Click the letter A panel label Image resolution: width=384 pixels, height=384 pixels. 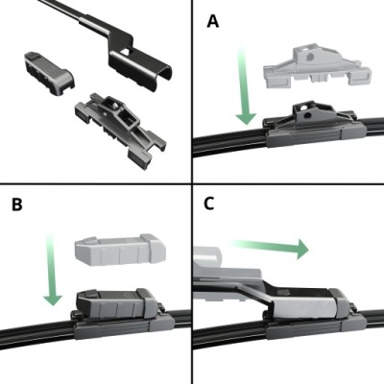[x=213, y=21]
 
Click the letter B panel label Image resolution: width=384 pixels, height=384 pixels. [x=17, y=204]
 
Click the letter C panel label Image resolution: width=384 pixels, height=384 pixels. [x=209, y=204]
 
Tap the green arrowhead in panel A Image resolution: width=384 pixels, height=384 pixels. [x=246, y=119]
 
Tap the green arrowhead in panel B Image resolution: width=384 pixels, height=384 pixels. [x=53, y=300]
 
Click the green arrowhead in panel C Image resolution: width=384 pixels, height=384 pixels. [x=302, y=249]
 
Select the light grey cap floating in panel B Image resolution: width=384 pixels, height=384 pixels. [x=120, y=250]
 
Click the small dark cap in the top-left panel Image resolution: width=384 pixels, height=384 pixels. [x=49, y=73]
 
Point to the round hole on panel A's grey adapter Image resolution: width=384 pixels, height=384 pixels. [x=309, y=58]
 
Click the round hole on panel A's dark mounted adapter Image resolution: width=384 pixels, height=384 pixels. [x=307, y=115]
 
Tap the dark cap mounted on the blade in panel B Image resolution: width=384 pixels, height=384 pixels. [x=117, y=303]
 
